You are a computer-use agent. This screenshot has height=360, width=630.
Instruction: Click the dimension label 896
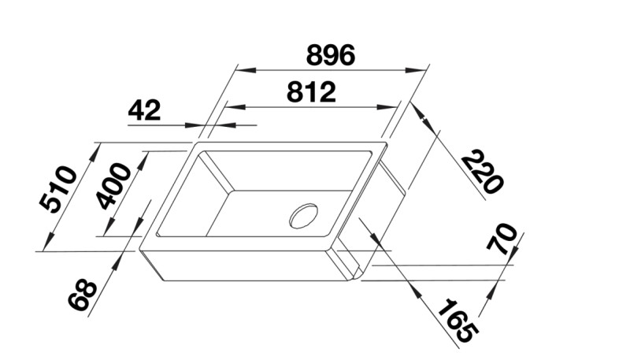pyautogui.click(x=331, y=54)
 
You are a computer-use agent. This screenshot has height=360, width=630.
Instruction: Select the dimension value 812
pyautogui.click(x=311, y=92)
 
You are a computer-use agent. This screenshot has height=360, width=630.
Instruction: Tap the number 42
pyautogui.click(x=144, y=110)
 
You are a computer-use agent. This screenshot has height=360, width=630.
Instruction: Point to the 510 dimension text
pyautogui.click(x=59, y=190)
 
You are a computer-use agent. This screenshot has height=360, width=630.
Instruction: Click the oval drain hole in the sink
pyautogui.click(x=303, y=216)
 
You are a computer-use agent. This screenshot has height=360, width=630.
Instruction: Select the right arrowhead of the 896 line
pyautogui.click(x=419, y=69)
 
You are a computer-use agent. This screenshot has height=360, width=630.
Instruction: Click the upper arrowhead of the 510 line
pyautogui.click(x=94, y=150)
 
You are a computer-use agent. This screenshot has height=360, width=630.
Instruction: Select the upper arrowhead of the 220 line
pyautogui.click(x=421, y=114)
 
